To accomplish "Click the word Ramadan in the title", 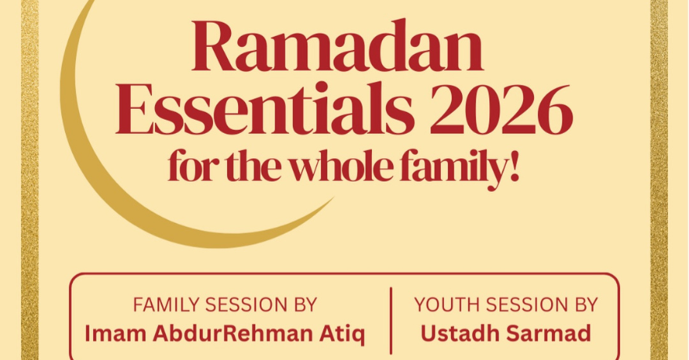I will (337, 49).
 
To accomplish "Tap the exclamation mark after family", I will (514, 167).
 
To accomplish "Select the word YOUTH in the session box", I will (445, 304).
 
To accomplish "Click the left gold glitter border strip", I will (30, 180).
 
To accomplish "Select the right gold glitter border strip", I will (658, 180).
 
